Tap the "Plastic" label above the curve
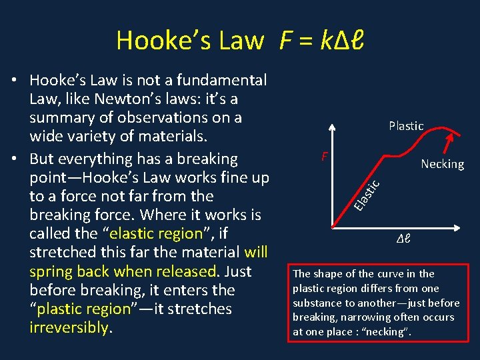pyautogui.click(x=406, y=125)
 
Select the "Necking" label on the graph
pyautogui.click(x=442, y=164)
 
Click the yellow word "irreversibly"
pyautogui.click(x=69, y=327)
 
